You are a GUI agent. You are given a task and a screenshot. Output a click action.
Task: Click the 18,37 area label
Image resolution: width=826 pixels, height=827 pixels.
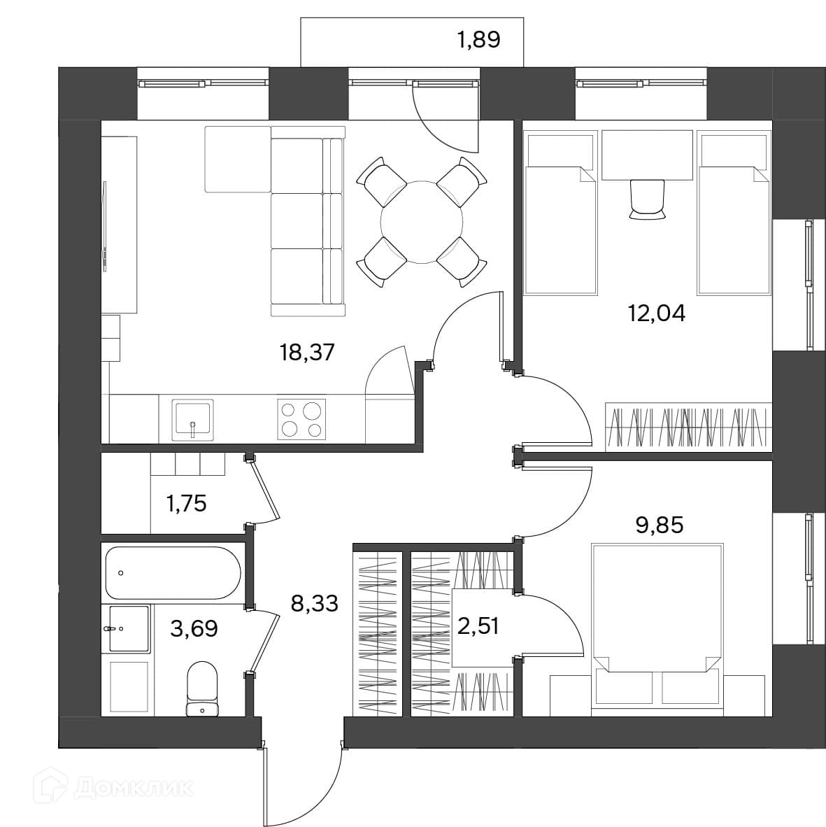point(307,352)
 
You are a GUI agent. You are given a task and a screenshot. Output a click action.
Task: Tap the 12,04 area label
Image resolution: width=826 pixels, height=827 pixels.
point(656,313)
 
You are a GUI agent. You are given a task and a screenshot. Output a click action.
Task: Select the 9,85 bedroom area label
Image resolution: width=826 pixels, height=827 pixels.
point(660,525)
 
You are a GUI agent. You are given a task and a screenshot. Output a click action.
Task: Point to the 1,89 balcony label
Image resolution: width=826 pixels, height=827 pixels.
point(478,40)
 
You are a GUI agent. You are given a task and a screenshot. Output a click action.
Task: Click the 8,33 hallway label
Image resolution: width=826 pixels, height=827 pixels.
point(315,602)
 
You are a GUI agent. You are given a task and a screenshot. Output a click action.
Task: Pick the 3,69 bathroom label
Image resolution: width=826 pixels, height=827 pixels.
point(194,629)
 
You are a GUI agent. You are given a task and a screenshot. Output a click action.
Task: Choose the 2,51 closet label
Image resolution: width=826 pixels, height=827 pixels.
point(478,627)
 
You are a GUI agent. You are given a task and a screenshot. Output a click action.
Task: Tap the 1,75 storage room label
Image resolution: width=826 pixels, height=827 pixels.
point(186,504)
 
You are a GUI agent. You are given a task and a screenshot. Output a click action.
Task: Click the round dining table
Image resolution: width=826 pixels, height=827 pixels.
point(422,222)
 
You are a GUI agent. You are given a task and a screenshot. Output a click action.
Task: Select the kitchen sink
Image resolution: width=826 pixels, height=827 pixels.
point(192,419)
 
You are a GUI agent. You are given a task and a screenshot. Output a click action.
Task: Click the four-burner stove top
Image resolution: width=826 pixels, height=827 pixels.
point(301,419)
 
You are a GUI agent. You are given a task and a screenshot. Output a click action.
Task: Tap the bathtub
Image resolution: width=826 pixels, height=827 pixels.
point(173,573)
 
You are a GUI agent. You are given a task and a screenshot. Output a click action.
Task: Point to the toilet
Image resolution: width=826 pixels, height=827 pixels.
point(202,688)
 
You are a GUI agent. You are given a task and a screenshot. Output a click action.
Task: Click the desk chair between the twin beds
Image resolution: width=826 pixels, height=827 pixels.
point(647,199)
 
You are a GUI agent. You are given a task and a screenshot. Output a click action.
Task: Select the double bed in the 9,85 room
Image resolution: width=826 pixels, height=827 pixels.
point(657,623)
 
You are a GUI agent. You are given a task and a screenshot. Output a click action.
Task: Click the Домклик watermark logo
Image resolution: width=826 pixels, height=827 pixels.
point(113,789)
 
